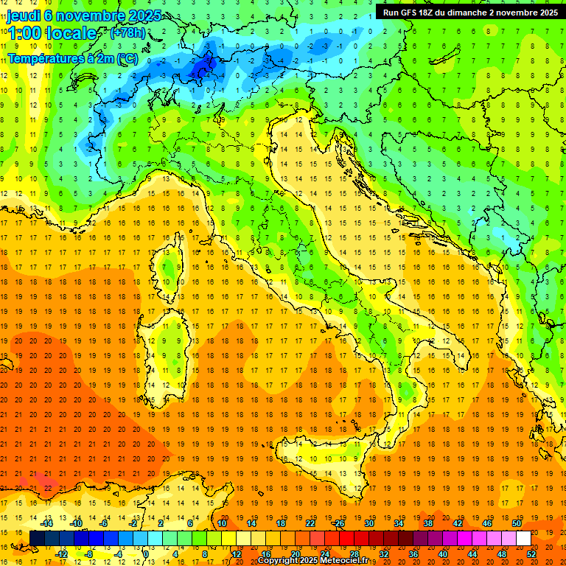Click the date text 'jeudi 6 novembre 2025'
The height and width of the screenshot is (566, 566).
coord(76,15)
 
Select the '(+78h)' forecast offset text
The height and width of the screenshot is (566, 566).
coord(127,33)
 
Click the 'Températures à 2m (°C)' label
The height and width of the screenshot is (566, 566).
coord(72,57)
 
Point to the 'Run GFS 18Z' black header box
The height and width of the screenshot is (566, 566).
coord(469,12)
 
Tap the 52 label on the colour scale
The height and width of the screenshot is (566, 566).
coord(531,553)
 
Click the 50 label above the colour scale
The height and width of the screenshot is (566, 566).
coord(517,523)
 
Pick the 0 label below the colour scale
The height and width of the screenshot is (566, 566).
coord(146,553)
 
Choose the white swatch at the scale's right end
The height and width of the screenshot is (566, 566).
coord(523,539)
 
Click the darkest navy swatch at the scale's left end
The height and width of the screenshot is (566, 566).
coord(37,539)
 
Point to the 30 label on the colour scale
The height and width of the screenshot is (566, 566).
coord(368,523)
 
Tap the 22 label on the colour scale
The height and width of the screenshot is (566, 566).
coord(310,523)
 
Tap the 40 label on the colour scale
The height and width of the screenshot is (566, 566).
coord(442,553)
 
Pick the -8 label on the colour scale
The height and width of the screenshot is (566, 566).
coord(88,553)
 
